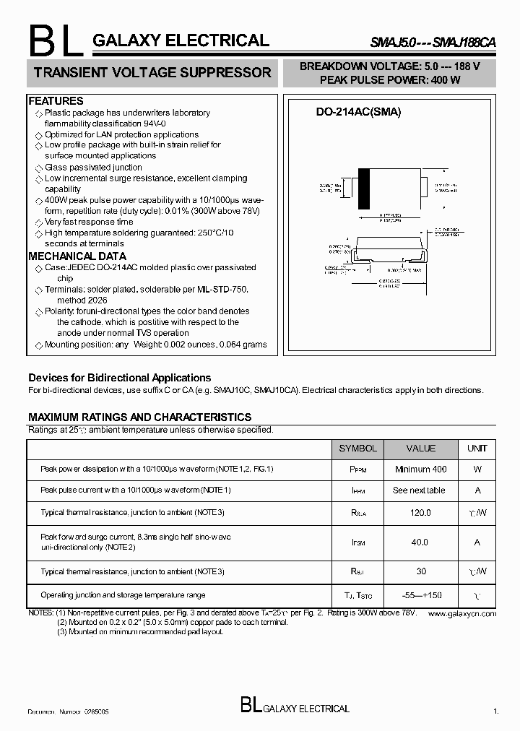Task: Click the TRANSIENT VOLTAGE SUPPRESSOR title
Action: [x=152, y=72]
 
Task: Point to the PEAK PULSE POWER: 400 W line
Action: [x=390, y=80]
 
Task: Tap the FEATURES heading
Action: [x=56, y=101]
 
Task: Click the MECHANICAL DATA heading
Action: [x=77, y=256]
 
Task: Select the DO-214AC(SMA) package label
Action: [x=358, y=112]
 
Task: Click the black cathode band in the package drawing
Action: [x=364, y=189]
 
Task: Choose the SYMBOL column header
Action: [x=357, y=449]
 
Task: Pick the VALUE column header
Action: [x=421, y=449]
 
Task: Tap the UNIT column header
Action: [x=477, y=449]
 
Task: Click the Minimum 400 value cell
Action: [x=421, y=470]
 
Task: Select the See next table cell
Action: [x=419, y=490]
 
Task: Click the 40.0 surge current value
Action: [x=420, y=542]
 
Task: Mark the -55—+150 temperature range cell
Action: [x=421, y=595]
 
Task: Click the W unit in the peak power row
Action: [x=477, y=470]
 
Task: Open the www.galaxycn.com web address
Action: [x=461, y=613]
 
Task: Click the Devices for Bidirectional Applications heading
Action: [x=119, y=378]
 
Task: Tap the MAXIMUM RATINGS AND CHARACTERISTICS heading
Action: [x=139, y=418]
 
